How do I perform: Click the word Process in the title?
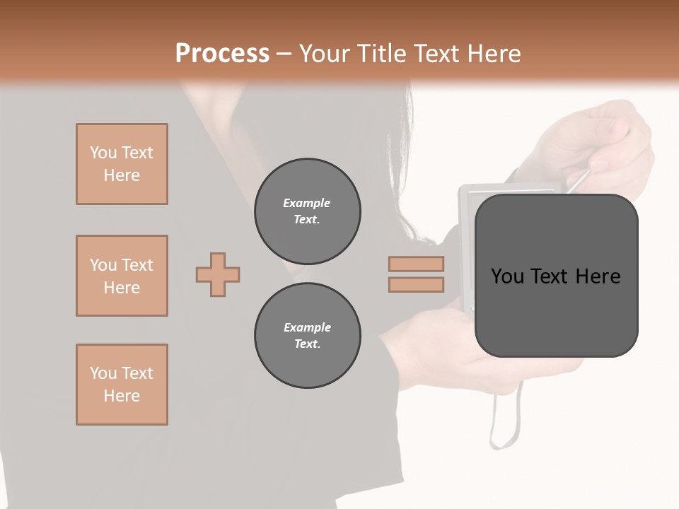tap(222, 54)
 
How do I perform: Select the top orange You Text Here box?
tap(122, 164)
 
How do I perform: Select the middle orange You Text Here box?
tap(122, 276)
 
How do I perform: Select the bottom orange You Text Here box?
tap(122, 385)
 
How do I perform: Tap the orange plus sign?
tap(218, 274)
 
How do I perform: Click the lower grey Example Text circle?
tap(308, 336)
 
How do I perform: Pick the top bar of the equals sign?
tap(417, 264)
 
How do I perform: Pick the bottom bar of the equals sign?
tap(417, 284)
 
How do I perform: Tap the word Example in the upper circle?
tap(307, 203)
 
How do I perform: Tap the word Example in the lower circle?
tap(307, 327)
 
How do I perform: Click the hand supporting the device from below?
tap(453, 353)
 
